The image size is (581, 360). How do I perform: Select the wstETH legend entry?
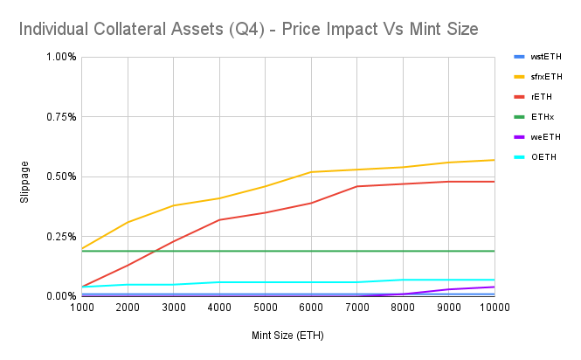(545, 57)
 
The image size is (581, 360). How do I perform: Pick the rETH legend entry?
(542, 96)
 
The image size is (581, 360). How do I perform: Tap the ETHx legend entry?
(542, 116)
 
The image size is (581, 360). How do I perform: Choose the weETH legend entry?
(544, 136)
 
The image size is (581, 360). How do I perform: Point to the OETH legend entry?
(543, 156)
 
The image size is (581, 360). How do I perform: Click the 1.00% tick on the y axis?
(61, 57)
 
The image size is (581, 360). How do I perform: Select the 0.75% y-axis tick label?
(61, 117)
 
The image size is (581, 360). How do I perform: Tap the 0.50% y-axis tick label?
(61, 177)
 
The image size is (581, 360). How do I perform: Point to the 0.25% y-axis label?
(61, 237)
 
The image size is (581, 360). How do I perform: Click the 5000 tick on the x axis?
(266, 308)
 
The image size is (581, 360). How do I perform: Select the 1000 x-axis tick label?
(82, 308)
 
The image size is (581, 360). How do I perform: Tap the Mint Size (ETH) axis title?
(288, 334)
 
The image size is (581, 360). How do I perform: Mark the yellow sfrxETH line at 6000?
(311, 172)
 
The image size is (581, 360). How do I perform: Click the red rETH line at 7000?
(357, 186)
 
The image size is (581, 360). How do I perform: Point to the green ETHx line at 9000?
(449, 251)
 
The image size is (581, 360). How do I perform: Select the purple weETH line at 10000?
(495, 287)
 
